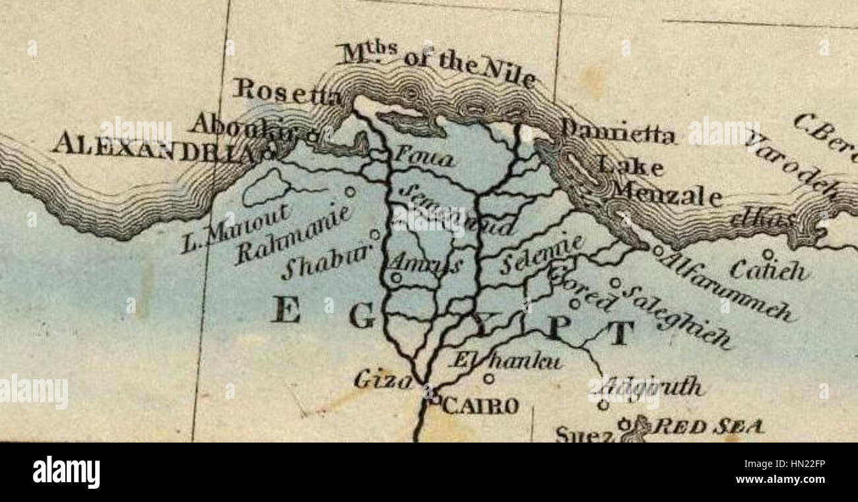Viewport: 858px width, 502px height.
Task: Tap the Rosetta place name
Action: tap(287, 91)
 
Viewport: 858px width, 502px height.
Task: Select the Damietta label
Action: tap(618, 133)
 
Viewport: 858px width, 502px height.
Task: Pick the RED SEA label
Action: tap(708, 426)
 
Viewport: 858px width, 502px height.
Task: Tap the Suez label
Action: tap(584, 434)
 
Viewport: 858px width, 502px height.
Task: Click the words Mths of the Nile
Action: tap(436, 63)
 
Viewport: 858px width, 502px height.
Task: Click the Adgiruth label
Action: tap(653, 386)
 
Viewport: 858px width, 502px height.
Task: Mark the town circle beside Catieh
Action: tap(767, 253)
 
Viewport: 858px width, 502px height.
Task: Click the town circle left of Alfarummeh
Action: tap(657, 251)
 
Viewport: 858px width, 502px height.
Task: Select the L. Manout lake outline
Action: tap(266, 187)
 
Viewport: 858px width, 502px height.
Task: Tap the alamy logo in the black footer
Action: tap(66, 472)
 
